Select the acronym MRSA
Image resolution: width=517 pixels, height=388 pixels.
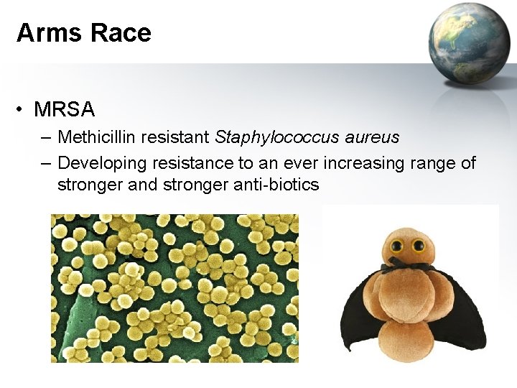(64, 110)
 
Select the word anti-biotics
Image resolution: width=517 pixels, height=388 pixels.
(276, 185)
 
